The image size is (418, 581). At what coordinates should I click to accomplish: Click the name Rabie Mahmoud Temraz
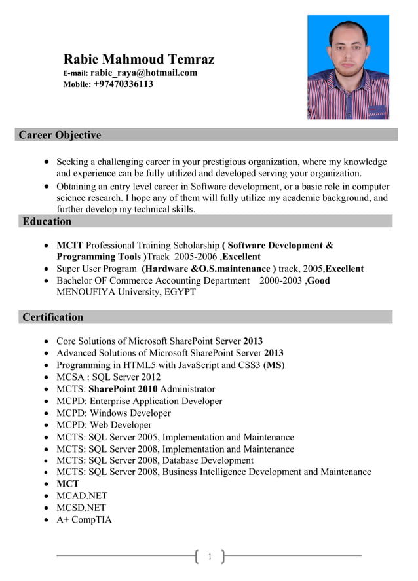[x=138, y=60]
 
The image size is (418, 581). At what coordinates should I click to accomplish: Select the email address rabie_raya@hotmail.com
[x=143, y=73]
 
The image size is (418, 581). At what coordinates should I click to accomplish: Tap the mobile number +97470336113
[x=123, y=84]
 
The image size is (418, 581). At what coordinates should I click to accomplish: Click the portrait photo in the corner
[x=348, y=67]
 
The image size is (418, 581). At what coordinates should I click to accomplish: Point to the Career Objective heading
[x=60, y=135]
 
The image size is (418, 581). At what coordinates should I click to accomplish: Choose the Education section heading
[x=47, y=221]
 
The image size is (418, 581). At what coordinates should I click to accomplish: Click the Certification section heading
[x=52, y=317]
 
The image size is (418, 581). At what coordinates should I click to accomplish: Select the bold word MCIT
[x=69, y=245]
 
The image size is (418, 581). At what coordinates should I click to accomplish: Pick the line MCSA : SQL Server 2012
[x=108, y=377]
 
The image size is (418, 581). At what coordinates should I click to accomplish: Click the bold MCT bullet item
[x=67, y=484]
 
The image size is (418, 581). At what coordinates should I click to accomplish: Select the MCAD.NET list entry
[x=81, y=496]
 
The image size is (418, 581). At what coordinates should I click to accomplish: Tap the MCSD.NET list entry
[x=81, y=508]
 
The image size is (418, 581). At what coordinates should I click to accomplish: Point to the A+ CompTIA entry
[x=84, y=519]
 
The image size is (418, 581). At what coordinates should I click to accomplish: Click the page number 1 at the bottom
[x=210, y=557]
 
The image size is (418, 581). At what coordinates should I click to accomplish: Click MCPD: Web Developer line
[x=104, y=424]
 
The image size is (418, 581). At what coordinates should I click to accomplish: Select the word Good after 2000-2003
[x=318, y=280]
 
